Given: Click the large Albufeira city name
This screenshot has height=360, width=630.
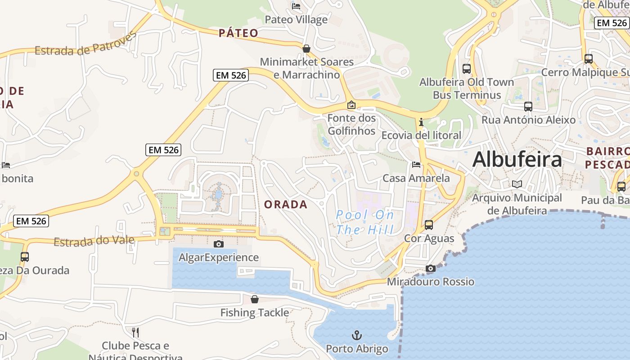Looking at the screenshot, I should (517, 160).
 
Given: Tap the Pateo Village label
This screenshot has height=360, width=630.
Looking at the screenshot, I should (296, 20).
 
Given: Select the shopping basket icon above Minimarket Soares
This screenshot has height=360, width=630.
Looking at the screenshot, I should (306, 48).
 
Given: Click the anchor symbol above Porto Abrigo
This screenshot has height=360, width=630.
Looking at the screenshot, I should (356, 335).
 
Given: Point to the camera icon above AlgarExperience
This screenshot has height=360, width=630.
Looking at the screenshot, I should (219, 244).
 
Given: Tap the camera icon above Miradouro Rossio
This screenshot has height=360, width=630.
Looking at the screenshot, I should (431, 268).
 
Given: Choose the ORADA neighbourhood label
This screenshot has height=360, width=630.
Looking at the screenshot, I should (286, 205).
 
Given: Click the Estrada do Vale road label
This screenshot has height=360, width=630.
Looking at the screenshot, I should (94, 241).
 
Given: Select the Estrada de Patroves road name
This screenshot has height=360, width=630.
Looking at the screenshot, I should (85, 45).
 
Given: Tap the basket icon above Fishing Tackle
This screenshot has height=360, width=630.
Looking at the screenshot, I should (255, 299).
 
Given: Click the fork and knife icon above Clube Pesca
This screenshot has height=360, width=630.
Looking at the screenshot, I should (135, 333).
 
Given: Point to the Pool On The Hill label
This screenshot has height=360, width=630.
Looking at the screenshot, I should (364, 222).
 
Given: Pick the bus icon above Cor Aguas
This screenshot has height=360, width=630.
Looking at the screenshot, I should (429, 225).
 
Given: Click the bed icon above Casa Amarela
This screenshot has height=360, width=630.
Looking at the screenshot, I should (416, 165).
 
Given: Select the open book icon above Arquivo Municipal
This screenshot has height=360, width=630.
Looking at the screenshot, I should (517, 184).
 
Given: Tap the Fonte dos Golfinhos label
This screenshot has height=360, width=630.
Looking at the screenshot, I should (351, 125).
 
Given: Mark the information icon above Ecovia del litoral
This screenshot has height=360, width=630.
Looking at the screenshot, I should (421, 122).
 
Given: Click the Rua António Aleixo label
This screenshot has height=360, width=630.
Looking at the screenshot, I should (528, 120).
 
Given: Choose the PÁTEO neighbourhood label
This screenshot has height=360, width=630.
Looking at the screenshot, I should (238, 33).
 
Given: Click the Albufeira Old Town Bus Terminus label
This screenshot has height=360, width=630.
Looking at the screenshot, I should (467, 89).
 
